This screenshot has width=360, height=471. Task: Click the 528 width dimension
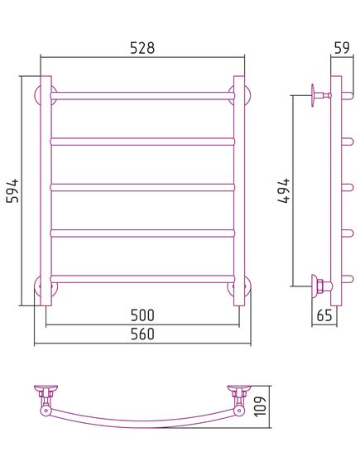pyautogui.click(x=142, y=48)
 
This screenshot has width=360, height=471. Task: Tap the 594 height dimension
pyautogui.click(x=12, y=190)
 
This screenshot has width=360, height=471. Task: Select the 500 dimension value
pyautogui.click(x=142, y=315)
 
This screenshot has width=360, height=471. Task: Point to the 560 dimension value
pyautogui.click(x=142, y=334)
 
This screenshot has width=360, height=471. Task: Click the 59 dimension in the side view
pyautogui.click(x=342, y=48)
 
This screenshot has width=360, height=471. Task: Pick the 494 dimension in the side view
pyautogui.click(x=284, y=190)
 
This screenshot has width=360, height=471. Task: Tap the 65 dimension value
pyautogui.click(x=324, y=315)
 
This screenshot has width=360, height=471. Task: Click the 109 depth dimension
pyautogui.click(x=260, y=406)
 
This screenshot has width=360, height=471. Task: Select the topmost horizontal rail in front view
pyautogui.click(x=142, y=96)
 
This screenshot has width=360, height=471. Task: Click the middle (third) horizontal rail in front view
pyautogui.click(x=142, y=187)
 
